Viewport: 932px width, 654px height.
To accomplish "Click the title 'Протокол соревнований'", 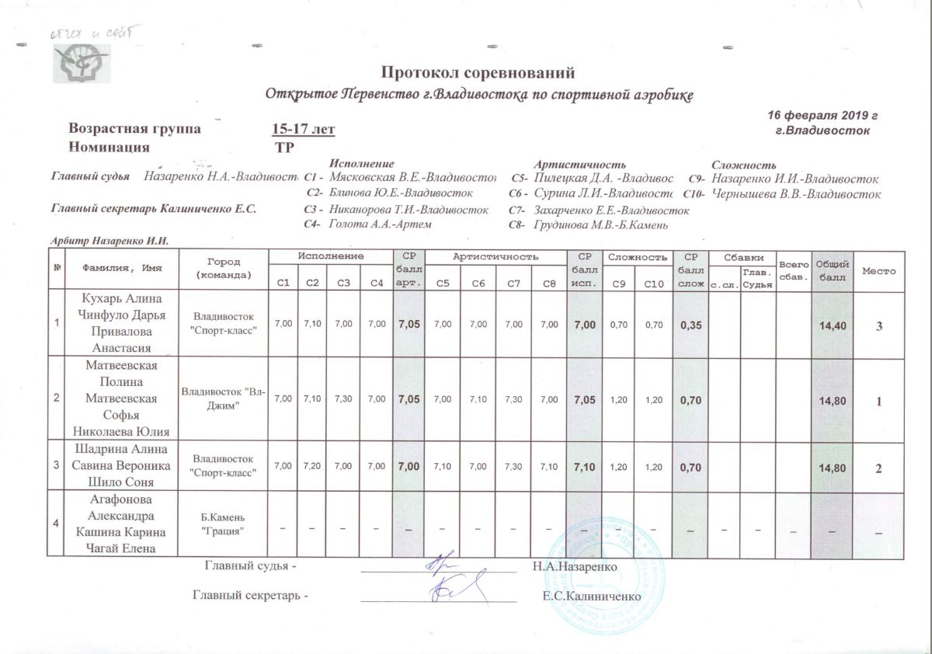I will click(478, 74).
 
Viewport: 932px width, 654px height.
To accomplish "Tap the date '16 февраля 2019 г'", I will click(822, 115).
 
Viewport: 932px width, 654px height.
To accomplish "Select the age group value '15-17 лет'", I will click(304, 129).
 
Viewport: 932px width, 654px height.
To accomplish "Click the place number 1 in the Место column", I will click(878, 402).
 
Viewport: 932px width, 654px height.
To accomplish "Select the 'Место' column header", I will click(878, 271).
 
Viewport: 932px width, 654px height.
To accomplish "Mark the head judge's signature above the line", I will click(440, 564).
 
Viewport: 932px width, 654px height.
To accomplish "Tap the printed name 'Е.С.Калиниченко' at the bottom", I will click(593, 597).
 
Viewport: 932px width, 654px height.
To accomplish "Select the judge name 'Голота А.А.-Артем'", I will click(380, 224).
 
